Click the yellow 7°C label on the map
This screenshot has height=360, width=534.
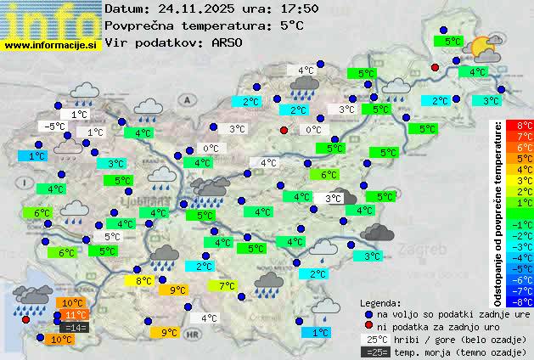pyautogui.click(x=228, y=286)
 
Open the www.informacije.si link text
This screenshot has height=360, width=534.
pyautogui.click(x=51, y=44)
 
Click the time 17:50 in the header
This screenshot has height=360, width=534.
pyautogui.click(x=301, y=8)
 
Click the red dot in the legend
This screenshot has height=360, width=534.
pyautogui.click(x=368, y=326)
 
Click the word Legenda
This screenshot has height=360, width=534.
pyautogui.click(x=380, y=302)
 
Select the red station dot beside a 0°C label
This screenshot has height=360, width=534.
pyautogui.click(x=284, y=130)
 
